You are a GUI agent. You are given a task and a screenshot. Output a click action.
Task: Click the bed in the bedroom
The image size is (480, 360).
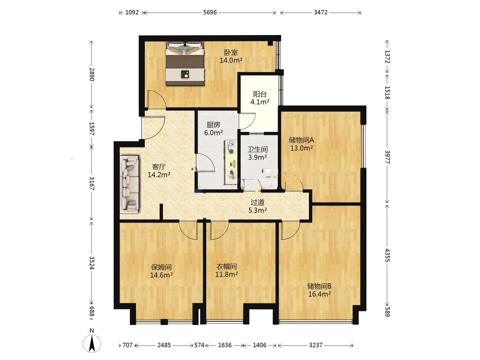[x=185, y=63]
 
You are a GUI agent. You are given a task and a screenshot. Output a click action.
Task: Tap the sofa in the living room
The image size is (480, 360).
[x=129, y=184]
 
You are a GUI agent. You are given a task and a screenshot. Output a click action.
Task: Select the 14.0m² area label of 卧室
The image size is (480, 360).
[x=231, y=60]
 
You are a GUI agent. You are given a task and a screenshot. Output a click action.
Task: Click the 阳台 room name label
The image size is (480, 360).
[x=260, y=94]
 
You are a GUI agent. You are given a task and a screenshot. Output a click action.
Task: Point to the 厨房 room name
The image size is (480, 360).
[x=213, y=125]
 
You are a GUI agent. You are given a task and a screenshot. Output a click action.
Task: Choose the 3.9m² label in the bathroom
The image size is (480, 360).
[x=257, y=157]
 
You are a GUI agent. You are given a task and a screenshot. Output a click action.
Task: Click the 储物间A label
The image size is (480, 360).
[x=301, y=140]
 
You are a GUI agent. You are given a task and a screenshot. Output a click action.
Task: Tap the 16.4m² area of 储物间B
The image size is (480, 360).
[x=319, y=294]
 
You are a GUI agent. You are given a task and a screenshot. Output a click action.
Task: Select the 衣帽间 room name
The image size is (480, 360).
[x=227, y=266]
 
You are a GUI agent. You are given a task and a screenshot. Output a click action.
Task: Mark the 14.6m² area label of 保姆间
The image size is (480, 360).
[x=161, y=275]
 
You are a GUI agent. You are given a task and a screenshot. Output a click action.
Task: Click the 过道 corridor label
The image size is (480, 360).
[x=257, y=202]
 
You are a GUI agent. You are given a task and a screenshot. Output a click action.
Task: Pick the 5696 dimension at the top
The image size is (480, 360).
[x=210, y=12]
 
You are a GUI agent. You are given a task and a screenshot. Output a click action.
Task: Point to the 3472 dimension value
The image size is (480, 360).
[x=321, y=12]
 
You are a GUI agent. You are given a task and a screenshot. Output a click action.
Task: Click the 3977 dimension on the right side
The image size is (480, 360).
[x=387, y=157]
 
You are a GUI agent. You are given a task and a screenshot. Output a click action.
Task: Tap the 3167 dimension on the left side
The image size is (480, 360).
[x=92, y=183]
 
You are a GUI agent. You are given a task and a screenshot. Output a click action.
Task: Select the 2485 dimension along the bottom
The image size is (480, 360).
[x=164, y=345]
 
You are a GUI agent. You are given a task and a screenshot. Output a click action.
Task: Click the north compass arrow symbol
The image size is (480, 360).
[x=92, y=343]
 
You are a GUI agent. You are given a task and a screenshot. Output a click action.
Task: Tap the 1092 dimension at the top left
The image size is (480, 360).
[x=132, y=12]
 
